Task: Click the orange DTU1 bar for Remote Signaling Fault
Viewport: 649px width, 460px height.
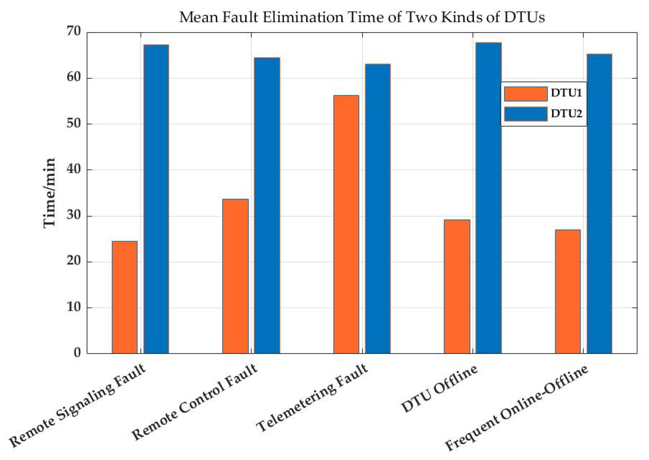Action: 125,297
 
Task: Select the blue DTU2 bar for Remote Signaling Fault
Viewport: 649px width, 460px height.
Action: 156,199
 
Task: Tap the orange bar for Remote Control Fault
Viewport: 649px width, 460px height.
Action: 235,276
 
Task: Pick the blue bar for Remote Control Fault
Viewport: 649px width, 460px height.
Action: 267,205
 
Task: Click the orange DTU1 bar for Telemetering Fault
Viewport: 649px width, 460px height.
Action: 346,224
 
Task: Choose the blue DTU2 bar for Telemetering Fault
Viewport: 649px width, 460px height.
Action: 378,208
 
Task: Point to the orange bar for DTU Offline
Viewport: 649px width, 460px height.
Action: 457,286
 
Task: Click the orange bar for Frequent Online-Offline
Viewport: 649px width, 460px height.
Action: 567,291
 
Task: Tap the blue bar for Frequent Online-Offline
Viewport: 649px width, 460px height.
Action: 599,204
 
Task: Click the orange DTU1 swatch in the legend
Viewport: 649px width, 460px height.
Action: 525,94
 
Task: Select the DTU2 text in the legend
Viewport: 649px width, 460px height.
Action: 566,114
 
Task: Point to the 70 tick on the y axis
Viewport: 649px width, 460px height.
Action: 74,31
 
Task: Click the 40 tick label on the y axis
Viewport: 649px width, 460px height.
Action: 74,169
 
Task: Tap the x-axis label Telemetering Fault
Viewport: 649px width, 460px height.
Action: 312,398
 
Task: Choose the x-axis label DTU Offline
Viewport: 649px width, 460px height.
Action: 439,389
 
